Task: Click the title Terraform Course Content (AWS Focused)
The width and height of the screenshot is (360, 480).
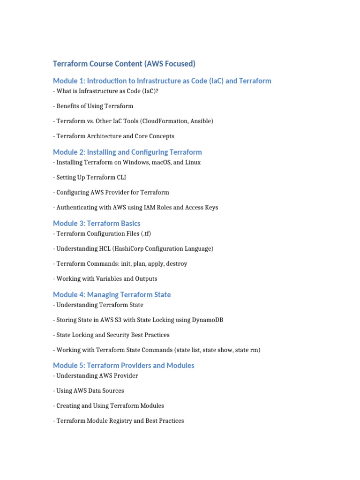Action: point(124,64)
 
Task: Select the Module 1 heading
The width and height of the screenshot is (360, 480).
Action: point(162,81)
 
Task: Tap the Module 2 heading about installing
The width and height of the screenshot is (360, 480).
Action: point(127,152)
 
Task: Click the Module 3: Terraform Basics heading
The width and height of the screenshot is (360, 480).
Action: point(97,223)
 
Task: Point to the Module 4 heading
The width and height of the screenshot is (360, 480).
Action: point(112,294)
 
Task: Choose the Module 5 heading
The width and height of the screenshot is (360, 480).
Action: point(123,365)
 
